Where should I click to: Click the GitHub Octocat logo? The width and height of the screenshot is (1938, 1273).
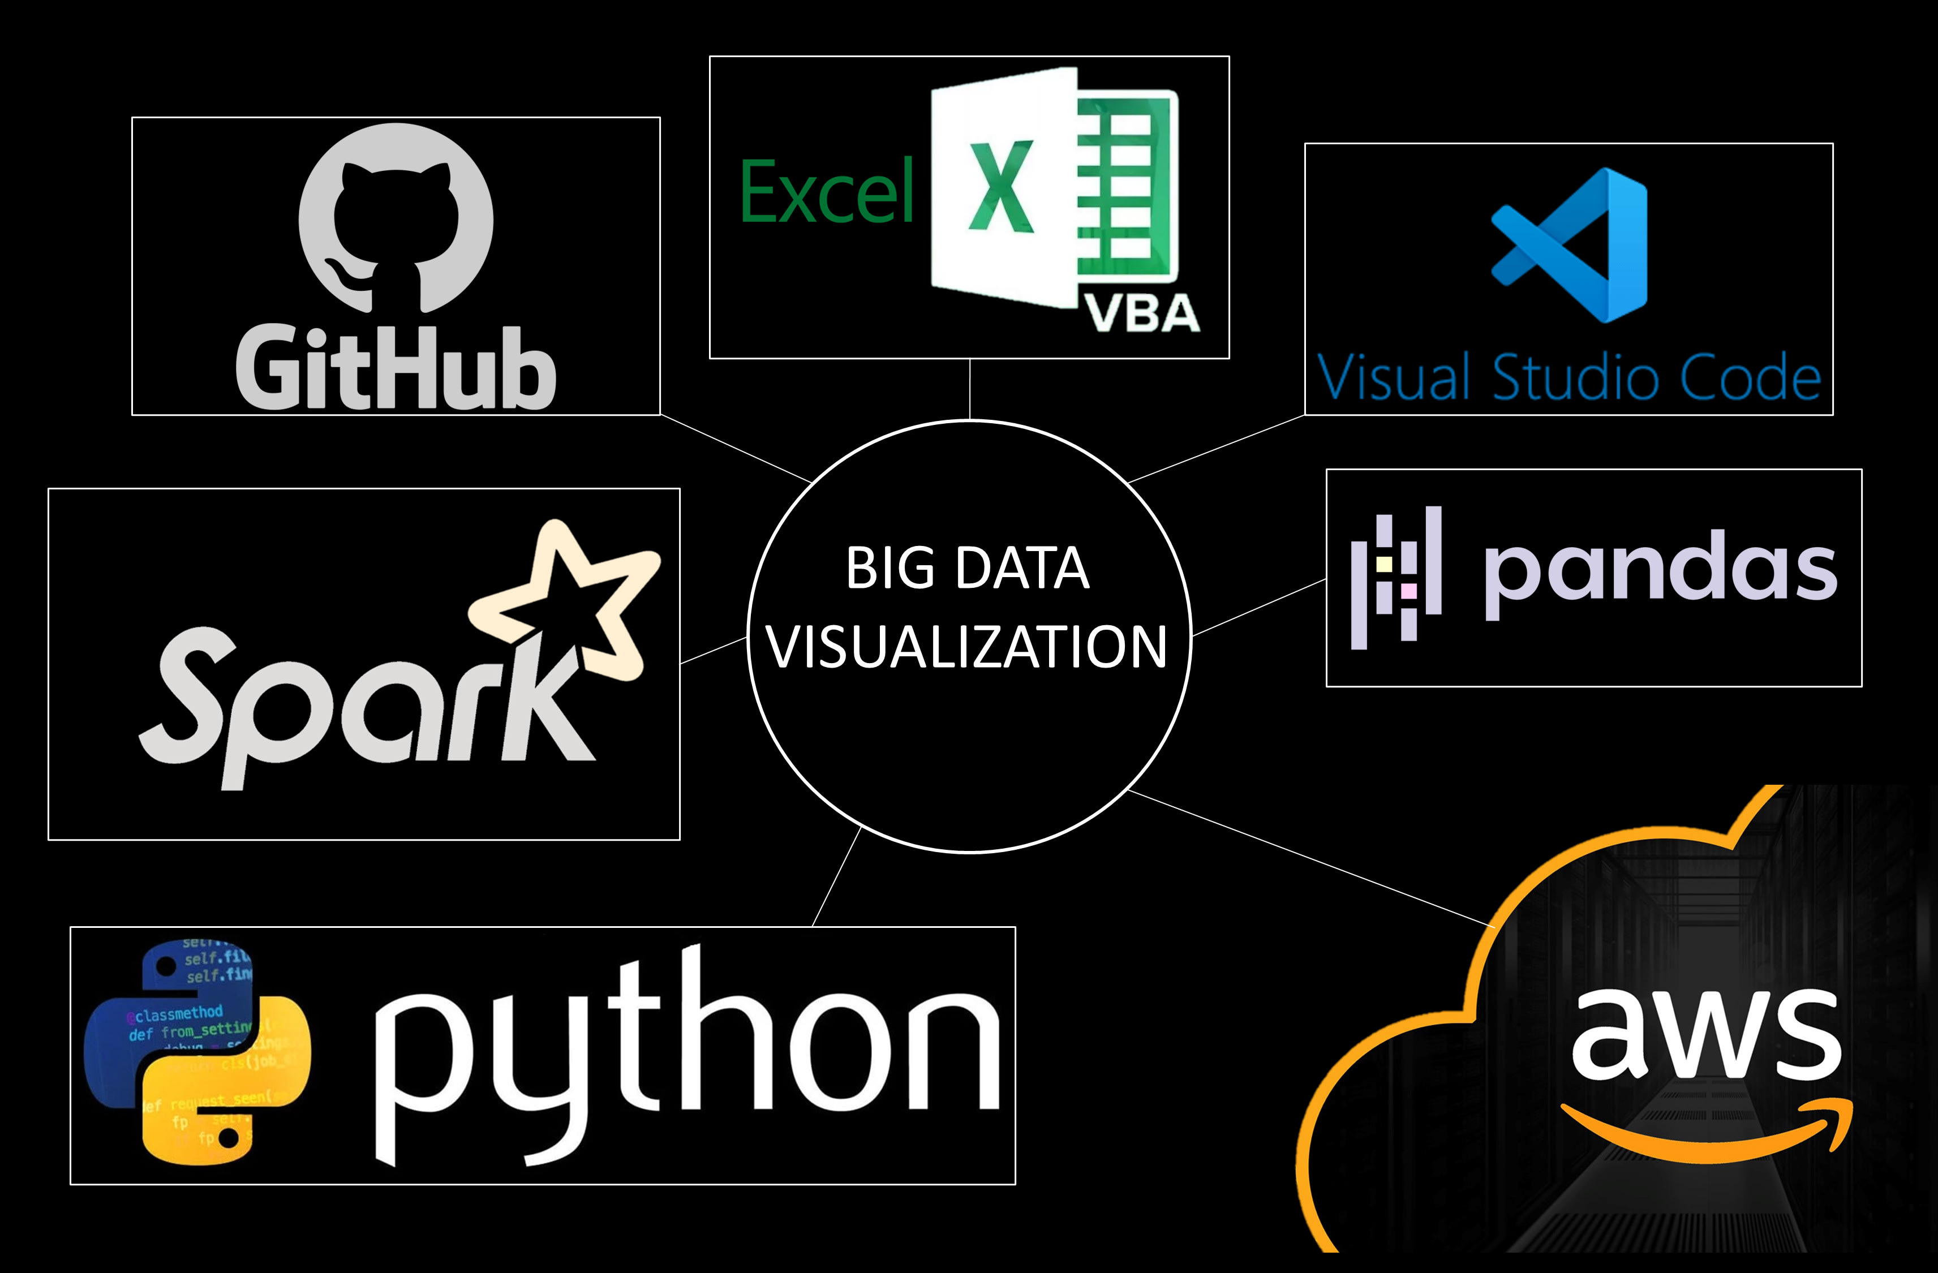[x=396, y=218]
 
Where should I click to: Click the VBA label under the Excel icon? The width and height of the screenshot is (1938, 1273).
[x=1143, y=313]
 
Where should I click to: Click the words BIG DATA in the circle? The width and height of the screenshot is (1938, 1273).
[x=968, y=567]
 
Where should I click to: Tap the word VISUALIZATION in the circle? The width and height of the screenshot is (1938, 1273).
[x=968, y=647]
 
